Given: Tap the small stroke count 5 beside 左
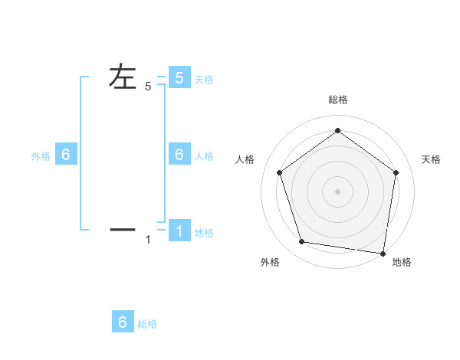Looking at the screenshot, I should [x=148, y=87].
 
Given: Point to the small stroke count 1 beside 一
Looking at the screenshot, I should [x=148, y=241].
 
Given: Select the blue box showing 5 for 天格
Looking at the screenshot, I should [x=179, y=77].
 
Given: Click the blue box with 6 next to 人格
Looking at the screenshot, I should [x=179, y=154].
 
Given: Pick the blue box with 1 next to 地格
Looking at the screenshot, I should [x=179, y=231].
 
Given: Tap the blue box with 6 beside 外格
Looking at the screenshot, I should [x=66, y=154].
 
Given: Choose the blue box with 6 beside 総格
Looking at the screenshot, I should [x=123, y=322].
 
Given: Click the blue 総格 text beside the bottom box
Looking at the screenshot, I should [x=147, y=324].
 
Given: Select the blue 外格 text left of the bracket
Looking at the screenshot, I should [x=41, y=156].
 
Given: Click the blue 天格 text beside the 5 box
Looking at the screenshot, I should [x=204, y=80].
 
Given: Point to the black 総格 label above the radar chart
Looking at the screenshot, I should [x=337, y=100].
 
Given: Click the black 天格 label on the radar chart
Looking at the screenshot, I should [x=432, y=159].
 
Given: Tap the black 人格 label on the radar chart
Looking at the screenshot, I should [x=245, y=159].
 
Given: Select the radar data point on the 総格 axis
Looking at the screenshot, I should [x=337, y=130].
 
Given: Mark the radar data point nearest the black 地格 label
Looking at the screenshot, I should [x=382, y=252].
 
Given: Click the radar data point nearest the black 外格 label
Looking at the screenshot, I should [x=301, y=241].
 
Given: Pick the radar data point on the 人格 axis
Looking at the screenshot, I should [x=279, y=172].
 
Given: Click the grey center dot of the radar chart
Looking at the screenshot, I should [x=337, y=191].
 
